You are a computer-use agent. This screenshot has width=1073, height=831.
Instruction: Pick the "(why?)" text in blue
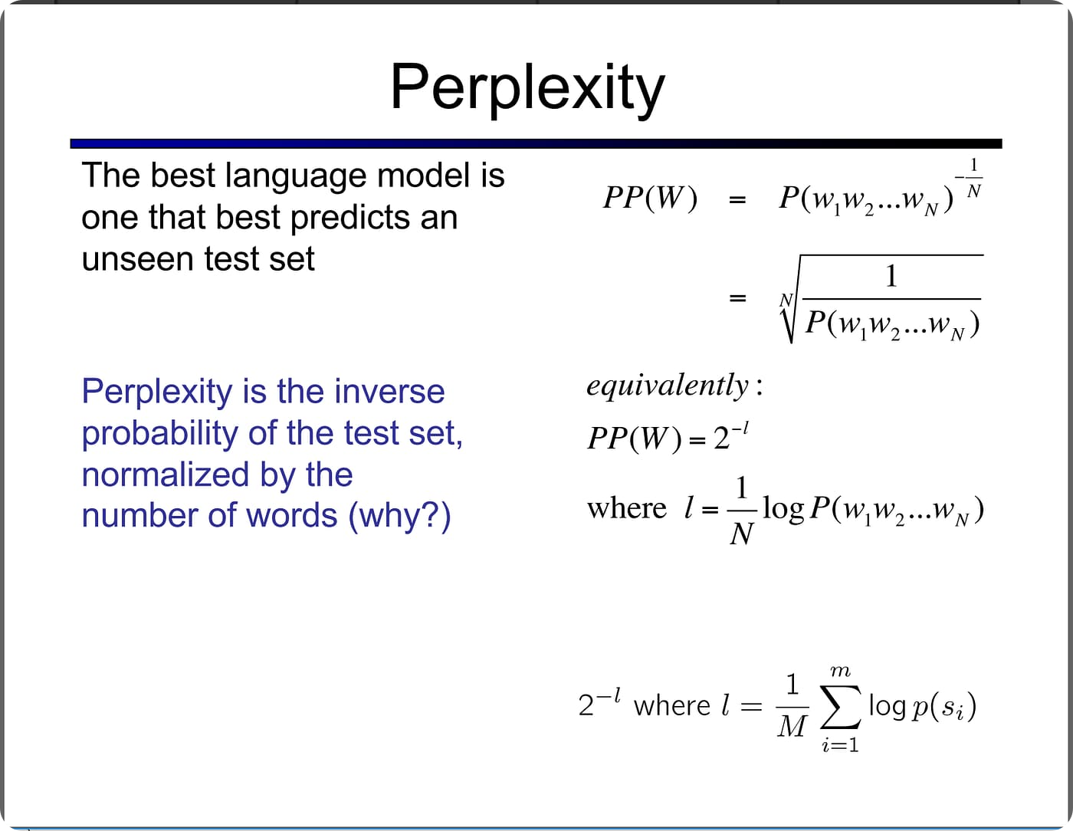(x=399, y=515)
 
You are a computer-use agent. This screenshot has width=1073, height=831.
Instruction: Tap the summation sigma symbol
(x=840, y=707)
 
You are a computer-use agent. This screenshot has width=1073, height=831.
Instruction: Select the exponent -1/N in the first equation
(x=970, y=179)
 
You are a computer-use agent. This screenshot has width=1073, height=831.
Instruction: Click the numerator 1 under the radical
(x=891, y=276)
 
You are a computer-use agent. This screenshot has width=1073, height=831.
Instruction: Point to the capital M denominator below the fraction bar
(x=792, y=725)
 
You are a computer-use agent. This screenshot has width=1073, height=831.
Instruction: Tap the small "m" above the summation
(x=840, y=672)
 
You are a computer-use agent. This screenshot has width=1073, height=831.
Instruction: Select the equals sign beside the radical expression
(x=737, y=297)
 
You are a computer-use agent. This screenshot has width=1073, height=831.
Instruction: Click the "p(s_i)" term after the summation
(x=943, y=707)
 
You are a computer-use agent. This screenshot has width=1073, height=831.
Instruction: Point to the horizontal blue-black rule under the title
(x=536, y=143)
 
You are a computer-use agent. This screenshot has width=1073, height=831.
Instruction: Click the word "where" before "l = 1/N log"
(x=626, y=509)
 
